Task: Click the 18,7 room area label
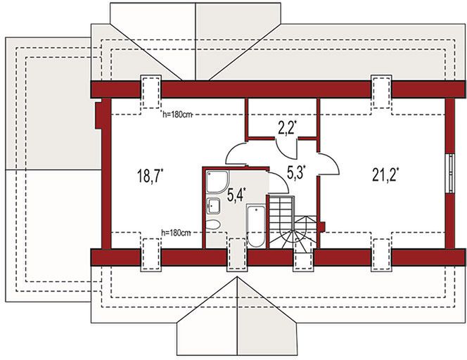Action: (150, 175)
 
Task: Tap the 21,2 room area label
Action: (385, 174)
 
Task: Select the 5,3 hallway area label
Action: (297, 172)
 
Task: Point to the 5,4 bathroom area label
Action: (236, 195)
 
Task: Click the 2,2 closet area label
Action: (288, 129)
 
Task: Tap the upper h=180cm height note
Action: (177, 115)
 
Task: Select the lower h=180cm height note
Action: (176, 233)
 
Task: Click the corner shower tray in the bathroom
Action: (218, 181)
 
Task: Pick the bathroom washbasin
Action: (214, 206)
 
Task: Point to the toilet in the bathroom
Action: (213, 224)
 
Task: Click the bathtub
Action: (256, 226)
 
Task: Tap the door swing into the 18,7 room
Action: (236, 153)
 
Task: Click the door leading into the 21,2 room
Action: (329, 164)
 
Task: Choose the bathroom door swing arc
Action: (279, 183)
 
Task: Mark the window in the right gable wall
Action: (452, 173)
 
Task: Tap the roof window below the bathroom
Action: (237, 255)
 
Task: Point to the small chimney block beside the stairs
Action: (321, 226)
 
